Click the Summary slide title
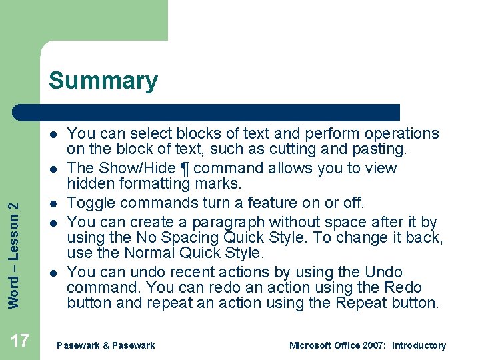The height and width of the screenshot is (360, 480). point(103,81)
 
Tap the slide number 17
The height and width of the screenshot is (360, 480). point(20,341)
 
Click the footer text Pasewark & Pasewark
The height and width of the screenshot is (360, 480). point(106,345)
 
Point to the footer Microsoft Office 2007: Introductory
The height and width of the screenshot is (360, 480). point(367,345)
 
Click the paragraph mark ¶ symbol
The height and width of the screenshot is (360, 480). point(185,169)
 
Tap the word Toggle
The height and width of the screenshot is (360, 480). point(91,203)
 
